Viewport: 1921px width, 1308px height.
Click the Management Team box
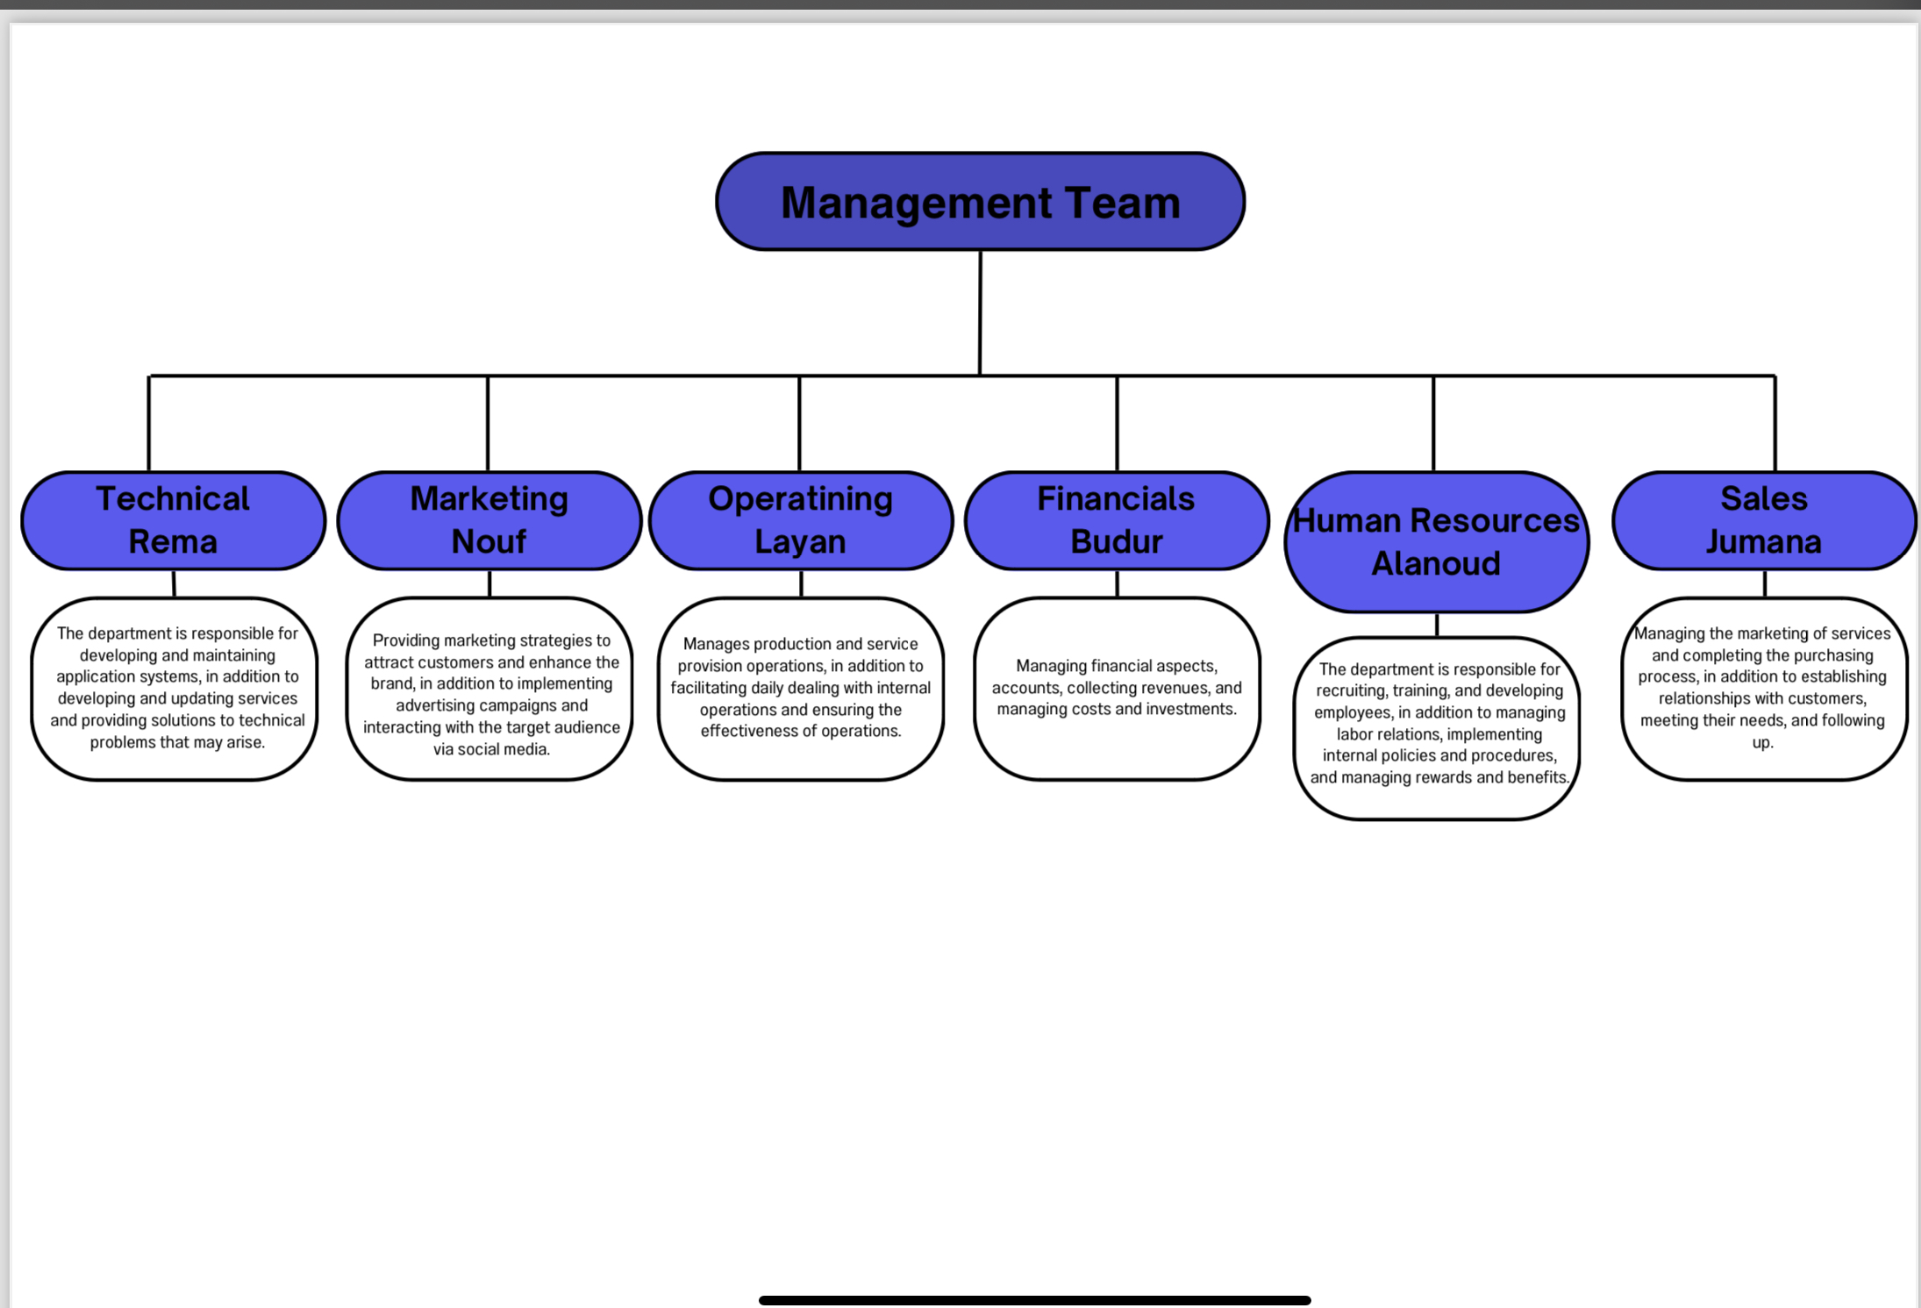[980, 202]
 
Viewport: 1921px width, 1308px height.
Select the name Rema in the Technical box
[173, 542]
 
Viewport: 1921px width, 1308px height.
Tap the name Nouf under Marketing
[489, 542]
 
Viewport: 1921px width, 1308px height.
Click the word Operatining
[800, 498]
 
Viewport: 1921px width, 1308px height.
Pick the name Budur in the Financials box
[1116, 542]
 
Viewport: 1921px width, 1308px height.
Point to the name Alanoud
[1436, 563]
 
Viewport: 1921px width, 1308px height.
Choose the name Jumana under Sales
[1763, 542]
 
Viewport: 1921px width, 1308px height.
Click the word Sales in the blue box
[1763, 498]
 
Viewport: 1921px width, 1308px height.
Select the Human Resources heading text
[1436, 520]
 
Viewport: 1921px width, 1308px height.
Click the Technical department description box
[175, 688]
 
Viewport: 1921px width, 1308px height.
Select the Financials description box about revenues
[1117, 688]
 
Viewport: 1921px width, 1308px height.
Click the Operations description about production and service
[801, 688]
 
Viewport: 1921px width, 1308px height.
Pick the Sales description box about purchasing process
[1763, 688]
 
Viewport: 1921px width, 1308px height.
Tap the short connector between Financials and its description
[1117, 584]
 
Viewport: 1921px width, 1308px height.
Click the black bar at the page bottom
[1034, 1300]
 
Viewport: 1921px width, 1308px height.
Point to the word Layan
[800, 542]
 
